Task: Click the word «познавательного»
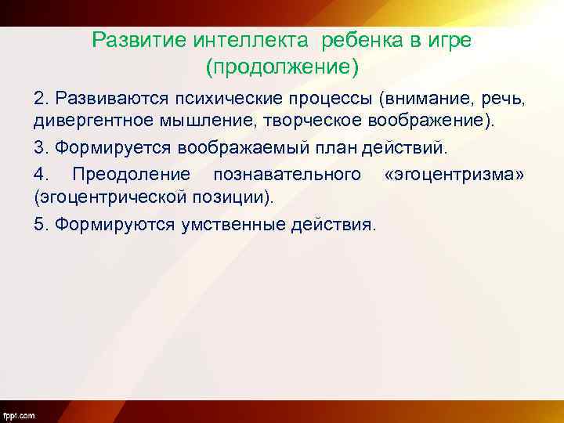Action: point(287,173)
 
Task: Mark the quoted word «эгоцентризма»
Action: point(454,173)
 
